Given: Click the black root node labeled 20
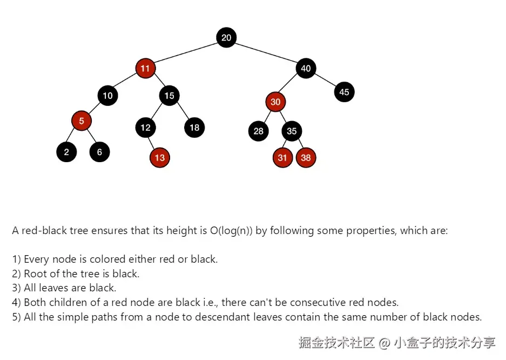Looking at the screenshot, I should click(226, 37).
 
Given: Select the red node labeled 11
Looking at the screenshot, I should click(145, 69).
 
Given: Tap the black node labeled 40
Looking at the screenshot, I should click(306, 69).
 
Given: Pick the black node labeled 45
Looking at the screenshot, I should click(344, 92).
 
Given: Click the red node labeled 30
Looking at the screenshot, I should click(275, 102).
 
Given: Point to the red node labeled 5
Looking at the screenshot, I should click(82, 121).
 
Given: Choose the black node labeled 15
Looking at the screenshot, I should click(170, 96).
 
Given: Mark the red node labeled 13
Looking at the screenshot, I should click(160, 158).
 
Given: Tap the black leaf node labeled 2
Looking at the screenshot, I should click(66, 152).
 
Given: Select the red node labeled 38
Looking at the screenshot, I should click(306, 158).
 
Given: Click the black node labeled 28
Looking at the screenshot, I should click(259, 131).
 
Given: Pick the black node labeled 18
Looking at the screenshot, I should click(194, 128).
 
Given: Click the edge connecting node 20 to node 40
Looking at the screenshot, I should click(266, 53).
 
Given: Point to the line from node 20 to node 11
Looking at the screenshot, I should click(186, 53).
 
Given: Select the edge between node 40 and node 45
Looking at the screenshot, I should click(325, 81).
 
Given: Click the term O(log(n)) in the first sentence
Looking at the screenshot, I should click(231, 231).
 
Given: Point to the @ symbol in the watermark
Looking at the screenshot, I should click(384, 343).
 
